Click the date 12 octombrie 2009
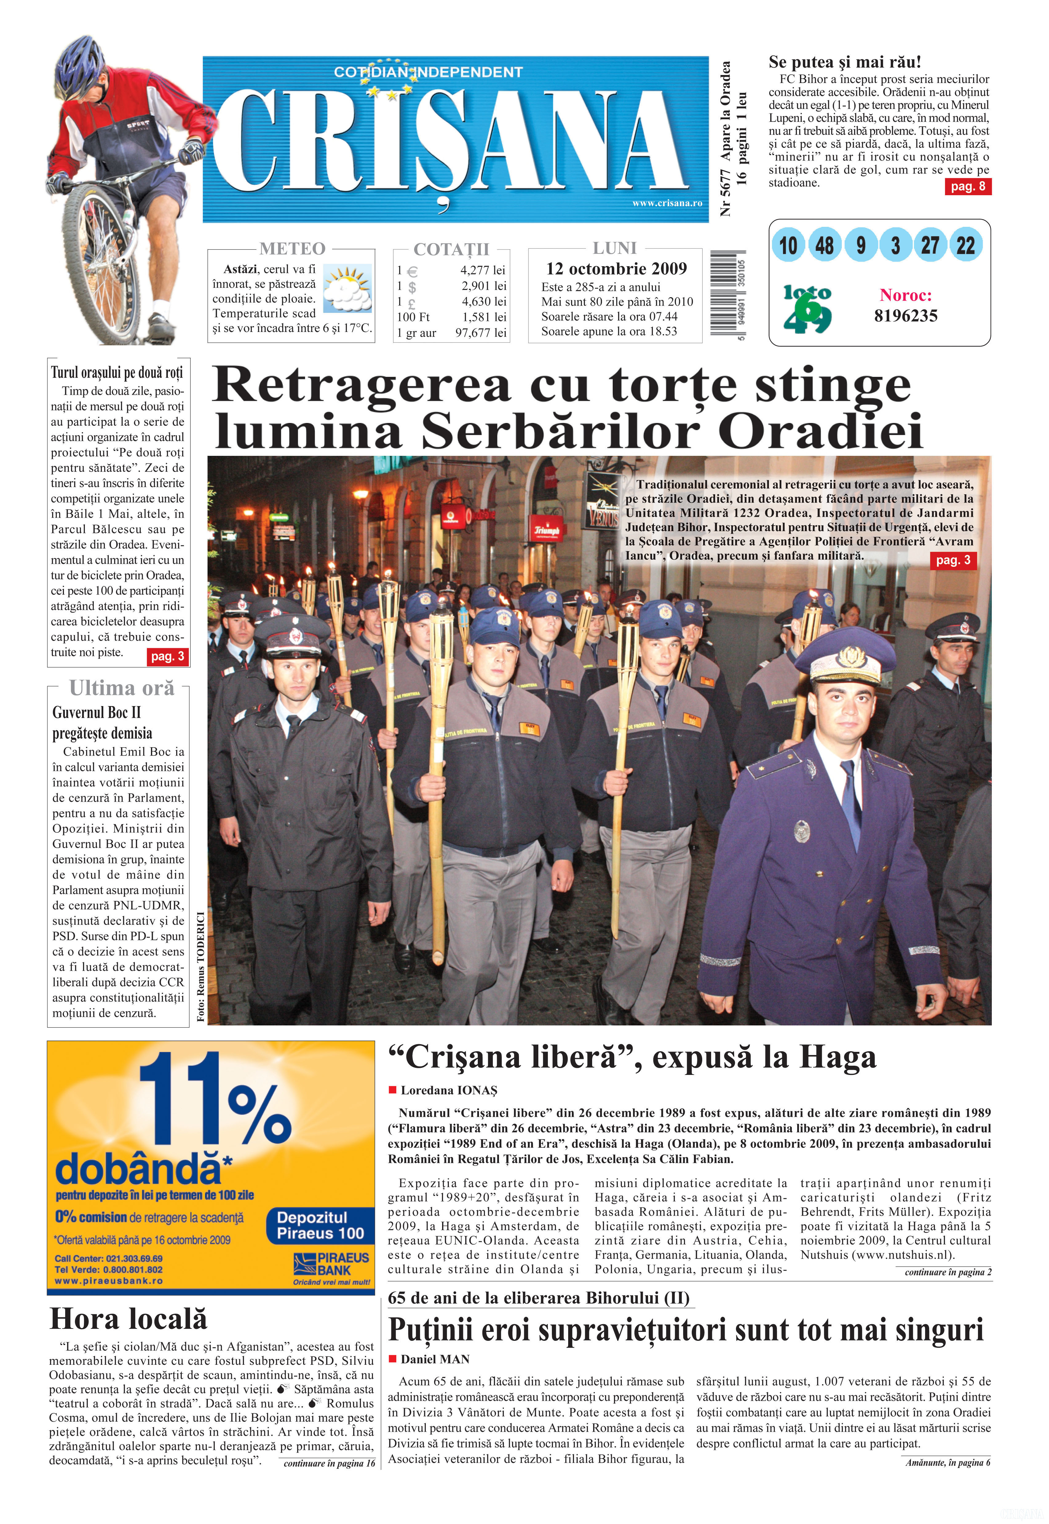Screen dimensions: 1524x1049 pyautogui.click(x=616, y=269)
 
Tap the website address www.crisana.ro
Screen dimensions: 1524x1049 pyautogui.click(x=667, y=203)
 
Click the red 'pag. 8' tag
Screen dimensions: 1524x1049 pyautogui.click(x=968, y=186)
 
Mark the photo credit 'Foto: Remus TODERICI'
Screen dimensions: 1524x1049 pyautogui.click(x=200, y=966)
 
